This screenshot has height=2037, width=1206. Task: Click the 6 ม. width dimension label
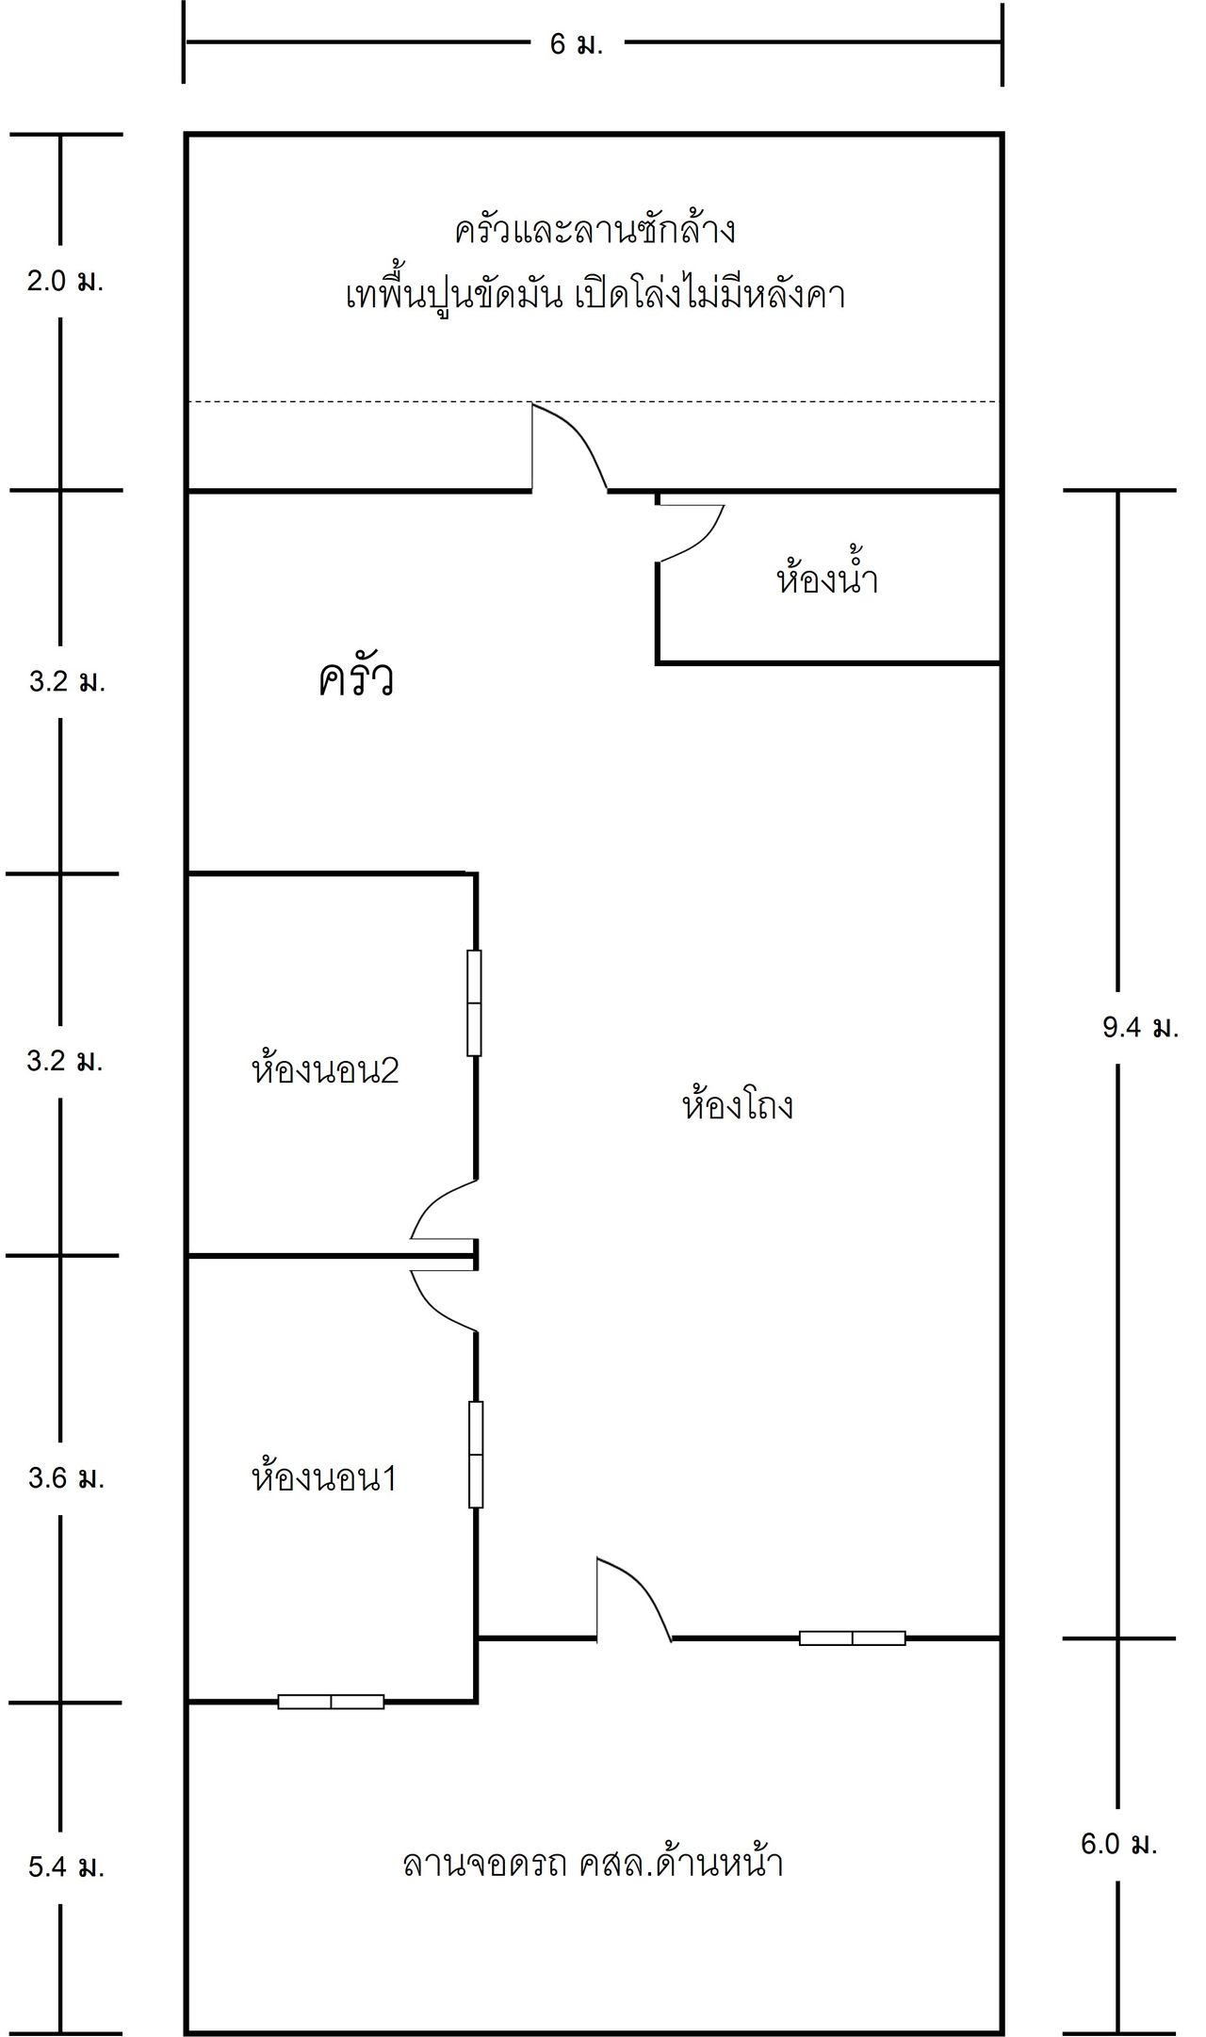click(x=576, y=44)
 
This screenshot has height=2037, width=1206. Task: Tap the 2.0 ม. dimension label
click(x=64, y=281)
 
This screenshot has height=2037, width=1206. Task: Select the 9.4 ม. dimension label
click(x=1140, y=1028)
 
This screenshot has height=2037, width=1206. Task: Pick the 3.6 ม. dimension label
click(x=66, y=1478)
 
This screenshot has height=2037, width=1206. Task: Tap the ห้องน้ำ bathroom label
click(x=827, y=577)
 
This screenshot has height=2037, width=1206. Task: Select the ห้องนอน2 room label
click(x=325, y=1069)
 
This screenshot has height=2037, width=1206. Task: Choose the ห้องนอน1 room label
click(x=324, y=1477)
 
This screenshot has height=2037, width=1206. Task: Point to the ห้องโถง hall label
click(x=737, y=1102)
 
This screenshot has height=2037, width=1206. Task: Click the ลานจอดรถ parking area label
click(x=593, y=1864)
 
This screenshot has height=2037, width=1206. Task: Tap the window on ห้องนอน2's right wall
click(x=475, y=1002)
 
